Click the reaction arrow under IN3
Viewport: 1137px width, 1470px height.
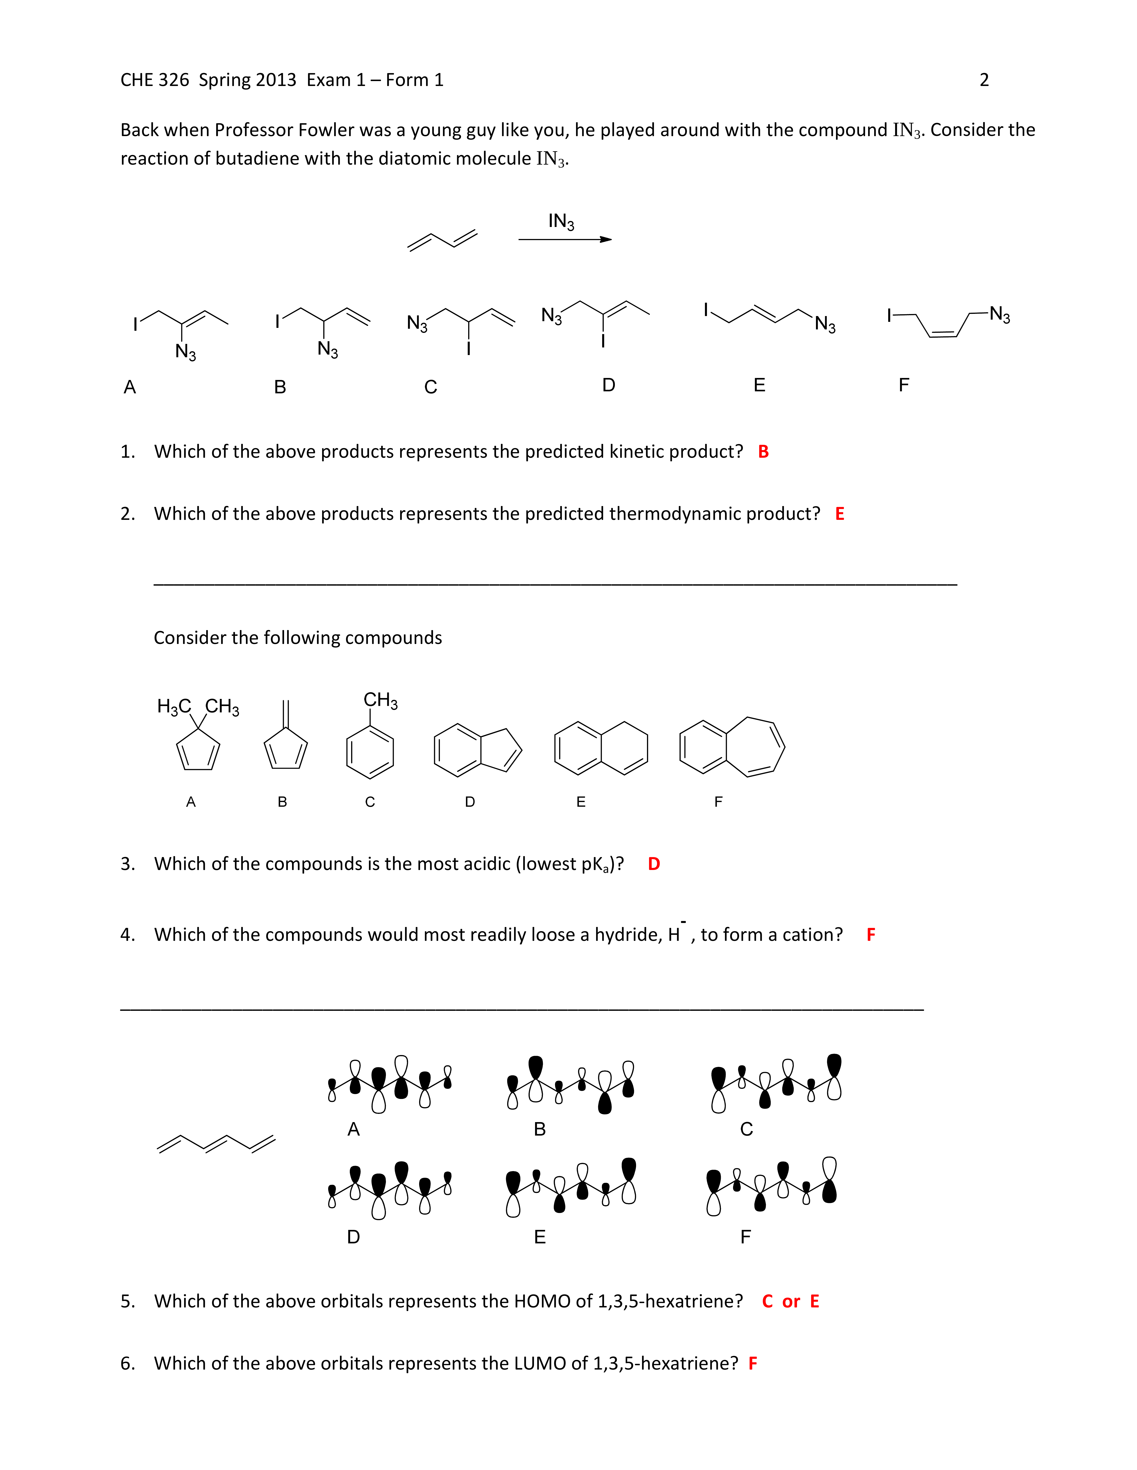[564, 239]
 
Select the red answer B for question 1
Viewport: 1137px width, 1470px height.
[763, 452]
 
